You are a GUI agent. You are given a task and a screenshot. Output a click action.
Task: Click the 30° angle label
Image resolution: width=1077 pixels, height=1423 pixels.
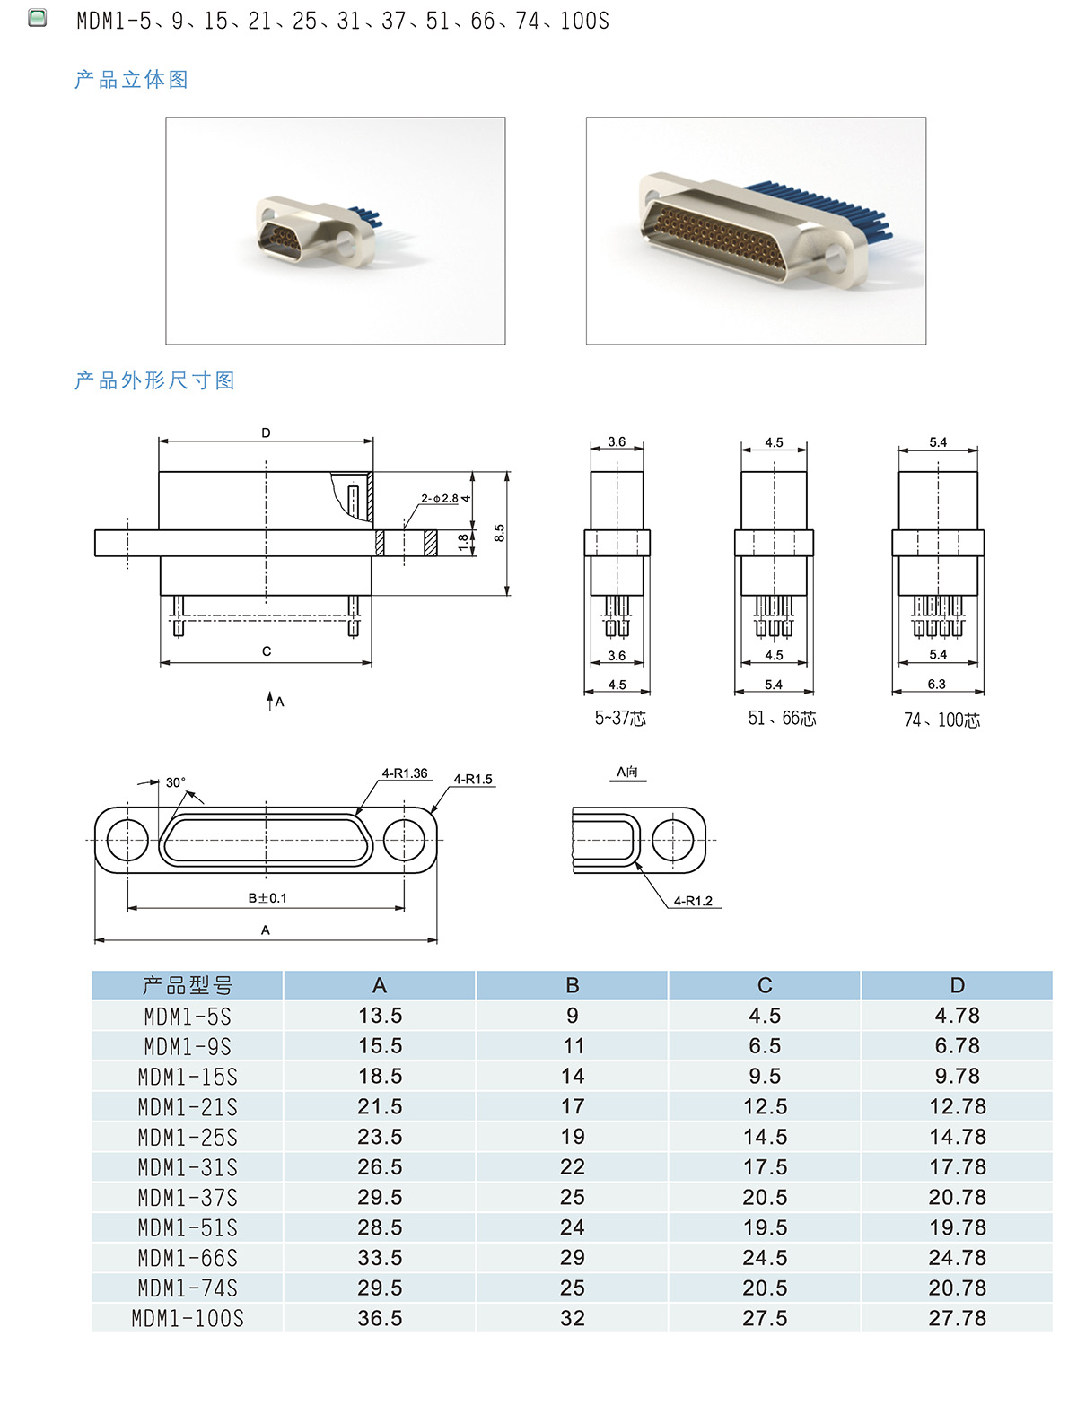pos(175,781)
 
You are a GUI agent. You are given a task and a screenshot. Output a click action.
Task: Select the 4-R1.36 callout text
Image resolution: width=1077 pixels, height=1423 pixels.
pos(404,773)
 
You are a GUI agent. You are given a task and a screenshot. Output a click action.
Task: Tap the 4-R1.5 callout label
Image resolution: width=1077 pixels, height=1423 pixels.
pos(473,779)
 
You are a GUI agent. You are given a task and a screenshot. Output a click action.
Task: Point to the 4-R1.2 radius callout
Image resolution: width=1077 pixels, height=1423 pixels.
pos(693,901)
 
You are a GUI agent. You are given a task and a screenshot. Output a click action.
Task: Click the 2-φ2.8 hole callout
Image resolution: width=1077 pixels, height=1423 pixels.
pos(440,498)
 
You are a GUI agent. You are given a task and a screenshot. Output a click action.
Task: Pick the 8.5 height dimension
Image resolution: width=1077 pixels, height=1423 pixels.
pos(499,533)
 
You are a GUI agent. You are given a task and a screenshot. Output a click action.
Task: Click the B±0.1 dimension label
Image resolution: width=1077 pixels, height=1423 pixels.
pos(267,898)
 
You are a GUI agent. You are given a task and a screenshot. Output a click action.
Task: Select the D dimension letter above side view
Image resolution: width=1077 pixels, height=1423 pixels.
pos(266,432)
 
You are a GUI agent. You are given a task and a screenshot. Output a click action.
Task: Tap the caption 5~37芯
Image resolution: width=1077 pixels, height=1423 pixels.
pos(620,718)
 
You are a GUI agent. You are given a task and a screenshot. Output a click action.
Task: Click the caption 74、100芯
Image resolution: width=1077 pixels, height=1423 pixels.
pos(941,720)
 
